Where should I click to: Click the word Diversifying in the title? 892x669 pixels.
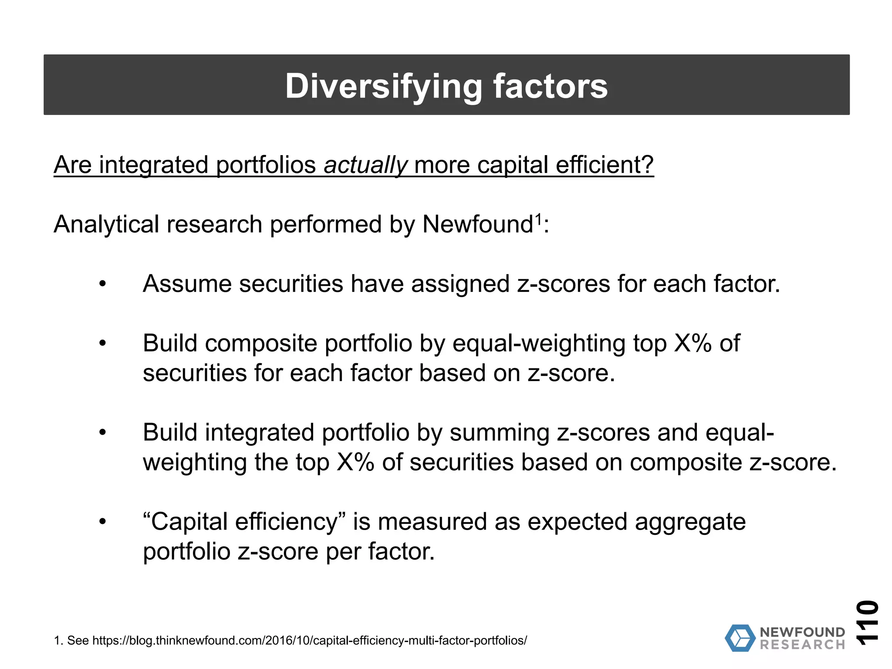pyautogui.click(x=383, y=86)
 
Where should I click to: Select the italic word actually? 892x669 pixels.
pyautogui.click(x=365, y=165)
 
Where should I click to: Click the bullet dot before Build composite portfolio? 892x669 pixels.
pyautogui.click(x=102, y=344)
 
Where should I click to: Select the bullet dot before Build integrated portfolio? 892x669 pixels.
pyautogui.click(x=102, y=433)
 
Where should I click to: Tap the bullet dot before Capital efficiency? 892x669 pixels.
pyautogui.click(x=102, y=522)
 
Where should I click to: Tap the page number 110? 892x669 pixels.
pyautogui.click(x=867, y=622)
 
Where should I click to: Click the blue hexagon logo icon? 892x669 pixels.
pyautogui.click(x=740, y=638)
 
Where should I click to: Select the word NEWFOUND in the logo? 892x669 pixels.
pyautogui.click(x=802, y=632)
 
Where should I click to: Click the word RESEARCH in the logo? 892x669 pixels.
pyautogui.click(x=802, y=645)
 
